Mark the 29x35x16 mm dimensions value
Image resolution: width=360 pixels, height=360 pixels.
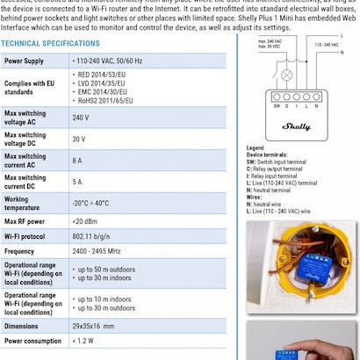pos(95,325)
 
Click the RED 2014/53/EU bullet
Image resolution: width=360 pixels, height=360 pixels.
pos(104,76)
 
